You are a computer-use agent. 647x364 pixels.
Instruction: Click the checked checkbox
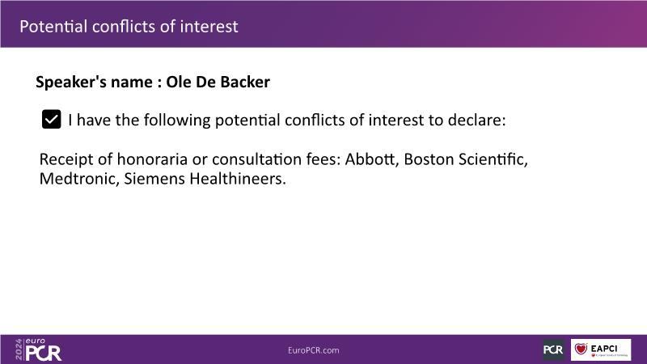pos(51,119)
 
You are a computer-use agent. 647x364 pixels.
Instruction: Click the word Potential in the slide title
pos(53,27)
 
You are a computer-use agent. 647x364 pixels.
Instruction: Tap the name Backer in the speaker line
pos(245,82)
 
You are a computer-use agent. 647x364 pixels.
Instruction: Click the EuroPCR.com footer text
pos(314,350)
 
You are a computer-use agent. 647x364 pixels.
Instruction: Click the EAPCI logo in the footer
pos(601,349)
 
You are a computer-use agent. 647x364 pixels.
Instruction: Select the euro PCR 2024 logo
pos(38,349)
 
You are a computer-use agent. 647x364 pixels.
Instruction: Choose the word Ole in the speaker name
pos(178,82)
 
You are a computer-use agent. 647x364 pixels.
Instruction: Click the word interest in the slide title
pos(209,27)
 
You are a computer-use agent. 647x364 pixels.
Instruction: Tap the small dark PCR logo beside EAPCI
pos(553,349)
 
